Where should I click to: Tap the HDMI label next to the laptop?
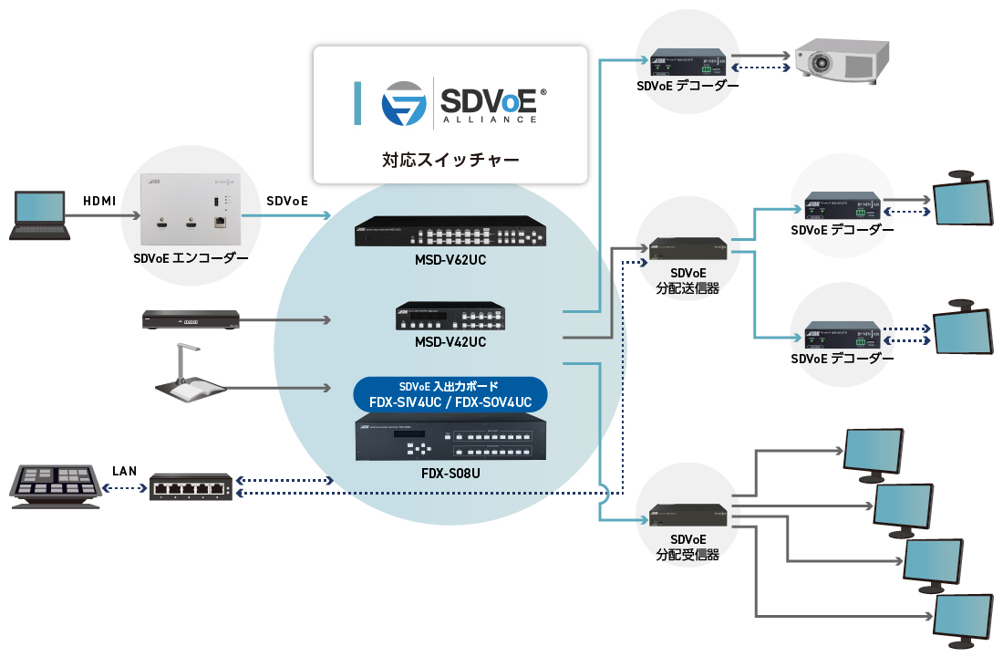99,201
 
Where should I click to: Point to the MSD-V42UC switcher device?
450,316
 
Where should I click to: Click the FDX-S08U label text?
450,476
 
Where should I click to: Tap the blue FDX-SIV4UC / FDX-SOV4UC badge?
450,394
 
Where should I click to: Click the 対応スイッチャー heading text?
450,161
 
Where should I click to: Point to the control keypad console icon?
54,485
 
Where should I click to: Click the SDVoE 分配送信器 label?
688,280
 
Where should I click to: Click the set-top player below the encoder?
191,319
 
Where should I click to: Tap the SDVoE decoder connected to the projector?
688,62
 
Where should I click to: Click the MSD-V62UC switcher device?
450,232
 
